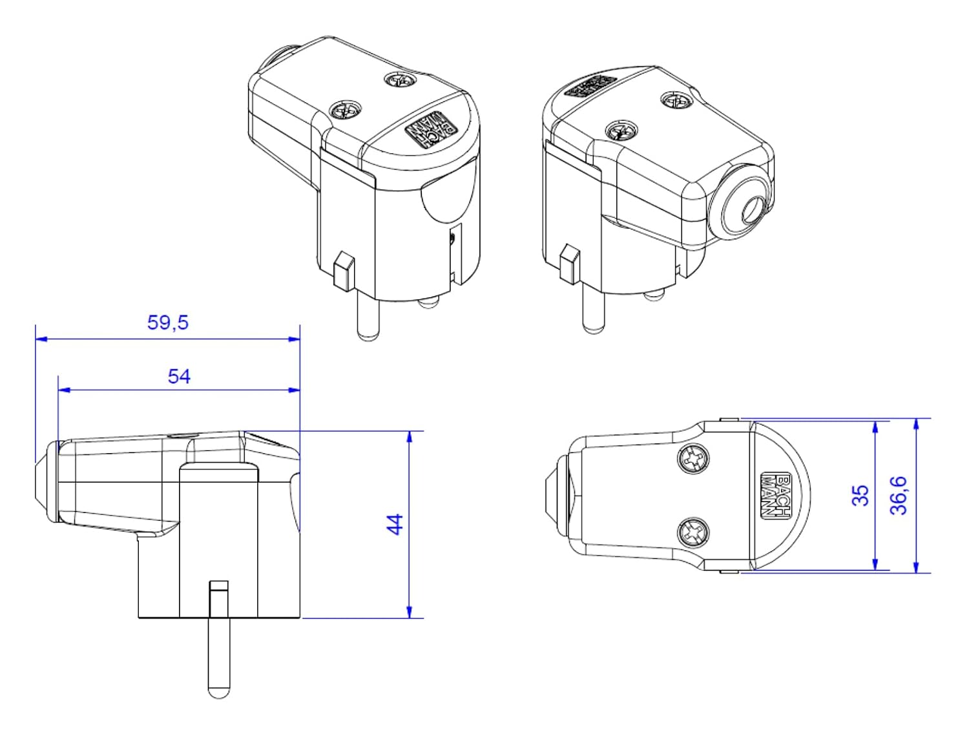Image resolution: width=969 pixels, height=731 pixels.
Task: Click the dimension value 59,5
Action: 168,322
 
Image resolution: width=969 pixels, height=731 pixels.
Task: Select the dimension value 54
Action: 179,376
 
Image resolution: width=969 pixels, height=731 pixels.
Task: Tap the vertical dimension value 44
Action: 395,524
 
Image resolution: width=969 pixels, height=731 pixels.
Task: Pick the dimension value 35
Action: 860,495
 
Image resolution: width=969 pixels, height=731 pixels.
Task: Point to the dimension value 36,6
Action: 899,495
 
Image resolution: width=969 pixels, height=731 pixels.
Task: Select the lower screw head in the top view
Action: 693,534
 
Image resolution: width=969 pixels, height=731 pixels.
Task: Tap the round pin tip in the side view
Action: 218,690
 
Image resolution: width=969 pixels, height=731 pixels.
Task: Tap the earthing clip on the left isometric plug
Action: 343,270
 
